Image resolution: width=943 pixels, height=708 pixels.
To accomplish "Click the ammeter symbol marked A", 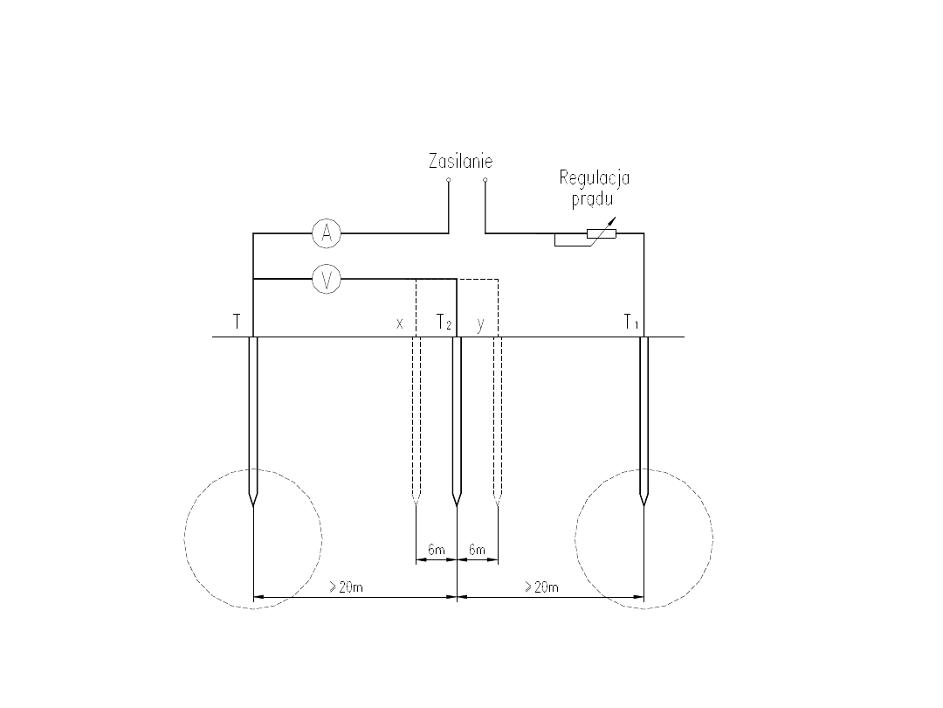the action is [327, 233].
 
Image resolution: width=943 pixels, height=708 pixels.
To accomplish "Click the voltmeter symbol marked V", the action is [327, 279].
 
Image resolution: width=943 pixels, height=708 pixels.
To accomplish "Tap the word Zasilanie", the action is [461, 162].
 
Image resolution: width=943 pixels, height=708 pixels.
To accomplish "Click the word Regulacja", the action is [595, 179].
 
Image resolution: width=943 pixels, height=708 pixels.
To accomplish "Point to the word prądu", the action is [592, 198].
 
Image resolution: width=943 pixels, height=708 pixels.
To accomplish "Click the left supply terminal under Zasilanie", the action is [448, 180].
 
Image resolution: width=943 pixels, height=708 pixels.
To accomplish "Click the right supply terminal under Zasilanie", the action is [485, 180].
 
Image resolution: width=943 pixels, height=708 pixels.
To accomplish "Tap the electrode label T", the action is [237, 322].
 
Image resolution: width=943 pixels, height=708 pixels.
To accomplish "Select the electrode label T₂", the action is [444, 323].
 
